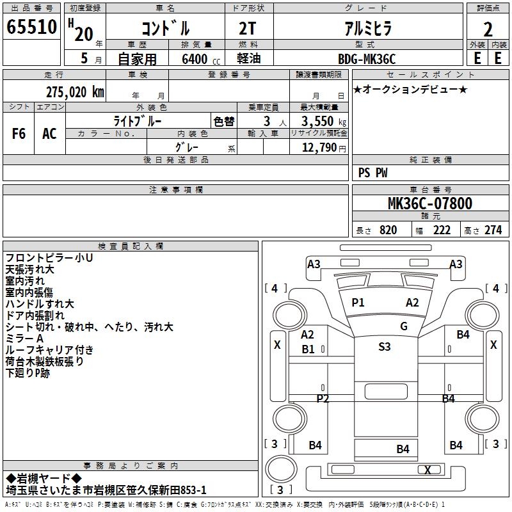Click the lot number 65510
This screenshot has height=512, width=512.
[32, 28]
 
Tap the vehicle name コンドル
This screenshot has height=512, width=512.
[165, 29]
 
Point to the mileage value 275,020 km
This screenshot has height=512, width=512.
[75, 92]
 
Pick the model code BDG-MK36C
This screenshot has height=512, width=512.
[367, 59]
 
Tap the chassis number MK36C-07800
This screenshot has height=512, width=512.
[430, 204]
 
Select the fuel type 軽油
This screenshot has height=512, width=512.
[249, 59]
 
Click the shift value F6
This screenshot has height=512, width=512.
[19, 134]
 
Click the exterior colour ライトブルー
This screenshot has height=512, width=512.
[138, 121]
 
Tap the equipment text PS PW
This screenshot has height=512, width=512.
[372, 173]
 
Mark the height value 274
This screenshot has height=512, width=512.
[493, 230]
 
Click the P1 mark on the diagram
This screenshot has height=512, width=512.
[358, 303]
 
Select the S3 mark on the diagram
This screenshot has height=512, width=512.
[384, 347]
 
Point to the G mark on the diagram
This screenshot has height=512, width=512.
[403, 326]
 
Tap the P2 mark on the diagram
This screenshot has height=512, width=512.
[323, 399]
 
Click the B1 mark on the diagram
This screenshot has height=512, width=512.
[308, 349]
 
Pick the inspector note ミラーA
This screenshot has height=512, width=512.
[24, 339]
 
